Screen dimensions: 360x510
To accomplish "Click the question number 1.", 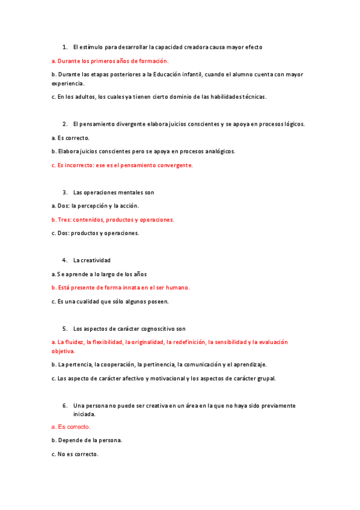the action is coord(64,46).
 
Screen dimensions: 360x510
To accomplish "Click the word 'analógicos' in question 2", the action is coord(219,151).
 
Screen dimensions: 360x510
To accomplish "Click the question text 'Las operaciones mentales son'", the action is coord(114,192).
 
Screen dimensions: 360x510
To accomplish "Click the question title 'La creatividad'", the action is coord(91,260).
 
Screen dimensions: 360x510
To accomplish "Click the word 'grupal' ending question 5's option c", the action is coord(266,378).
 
